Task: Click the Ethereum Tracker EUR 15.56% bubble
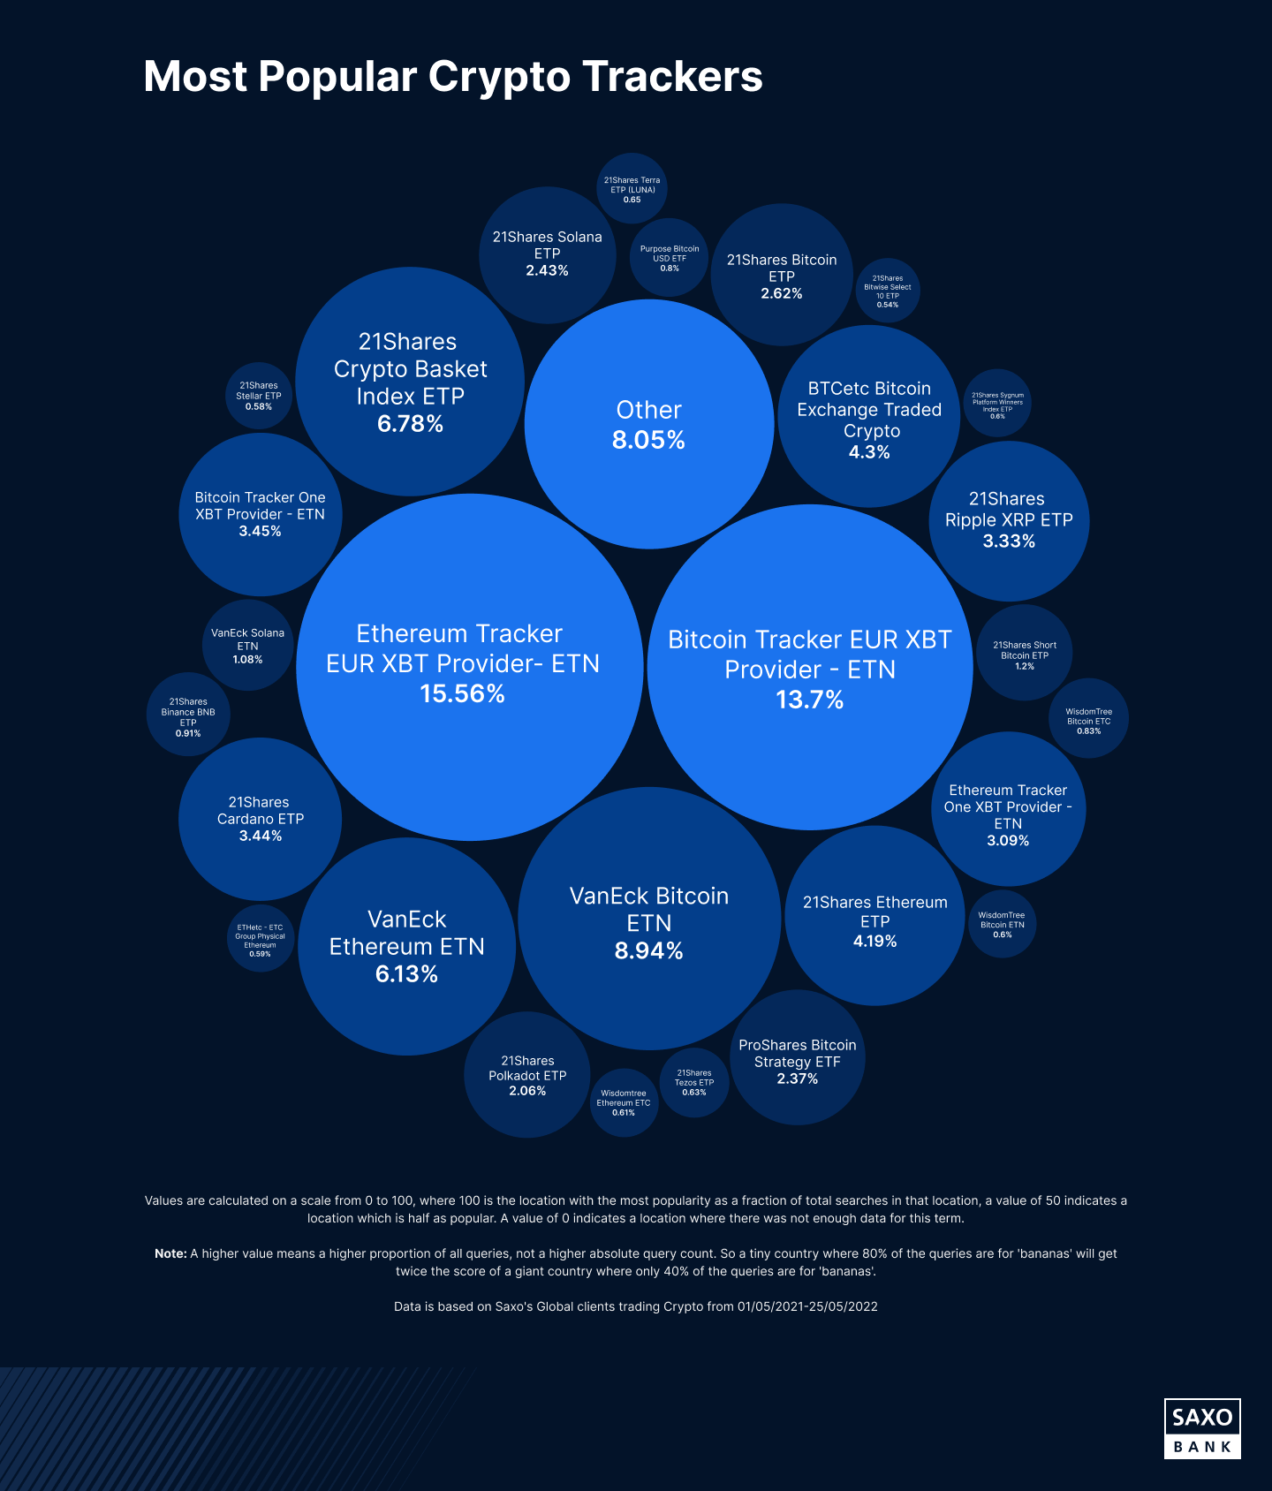469,666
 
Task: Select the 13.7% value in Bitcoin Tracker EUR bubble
809,700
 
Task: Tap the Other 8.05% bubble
649,424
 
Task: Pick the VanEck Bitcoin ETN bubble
649,919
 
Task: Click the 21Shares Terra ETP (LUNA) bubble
632,188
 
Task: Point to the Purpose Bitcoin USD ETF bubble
670,258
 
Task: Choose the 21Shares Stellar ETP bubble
259,396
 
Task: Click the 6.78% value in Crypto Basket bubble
410,424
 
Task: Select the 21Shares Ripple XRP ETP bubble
1009,520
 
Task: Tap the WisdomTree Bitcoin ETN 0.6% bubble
1002,925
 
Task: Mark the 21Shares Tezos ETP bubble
694,1083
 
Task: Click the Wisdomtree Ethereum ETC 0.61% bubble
624,1103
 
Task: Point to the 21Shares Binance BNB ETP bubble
188,716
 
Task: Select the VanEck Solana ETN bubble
247,646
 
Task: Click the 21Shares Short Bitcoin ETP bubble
1025,654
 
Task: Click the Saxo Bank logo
1202,1428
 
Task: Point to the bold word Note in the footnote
170,1253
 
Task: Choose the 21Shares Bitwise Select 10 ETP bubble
888,291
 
